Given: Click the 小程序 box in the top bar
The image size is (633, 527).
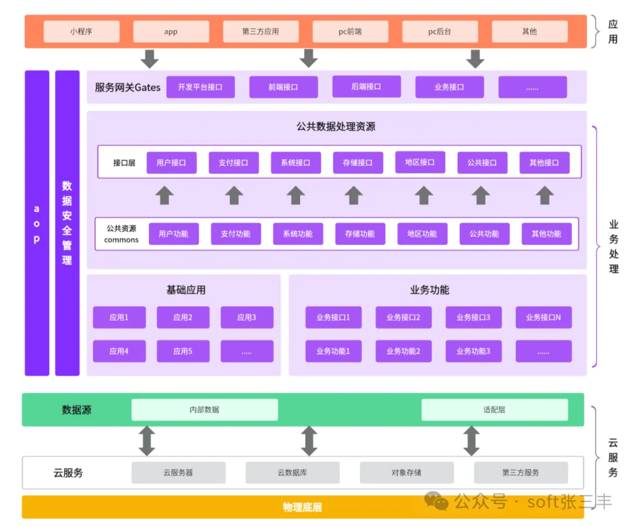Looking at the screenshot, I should click(x=81, y=32).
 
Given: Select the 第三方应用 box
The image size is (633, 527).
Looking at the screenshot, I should click(x=261, y=32).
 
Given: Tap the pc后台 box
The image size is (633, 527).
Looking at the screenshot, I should click(x=440, y=32).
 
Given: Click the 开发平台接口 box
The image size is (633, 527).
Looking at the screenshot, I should click(x=200, y=87).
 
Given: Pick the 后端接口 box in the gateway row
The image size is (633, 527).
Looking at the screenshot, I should click(x=366, y=87).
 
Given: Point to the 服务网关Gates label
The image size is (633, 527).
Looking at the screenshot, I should click(x=127, y=87).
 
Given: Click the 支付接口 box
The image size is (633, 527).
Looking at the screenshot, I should click(x=233, y=163).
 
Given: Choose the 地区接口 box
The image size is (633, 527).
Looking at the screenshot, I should click(x=420, y=162).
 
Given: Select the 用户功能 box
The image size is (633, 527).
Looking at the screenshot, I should click(x=173, y=234).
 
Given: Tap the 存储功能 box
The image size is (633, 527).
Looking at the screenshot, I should click(x=360, y=234).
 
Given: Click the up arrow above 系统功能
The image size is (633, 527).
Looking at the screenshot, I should click(x=296, y=195).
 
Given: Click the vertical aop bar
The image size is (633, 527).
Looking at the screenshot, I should click(x=37, y=223).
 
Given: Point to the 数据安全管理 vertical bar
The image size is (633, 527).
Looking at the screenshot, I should click(x=67, y=223).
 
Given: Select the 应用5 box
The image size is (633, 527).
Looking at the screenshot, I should click(x=183, y=351).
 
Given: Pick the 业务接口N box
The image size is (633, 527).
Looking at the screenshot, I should click(x=543, y=317).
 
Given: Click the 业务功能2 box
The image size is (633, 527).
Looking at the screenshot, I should click(x=403, y=351).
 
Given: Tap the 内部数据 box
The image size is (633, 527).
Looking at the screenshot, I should click(x=204, y=410).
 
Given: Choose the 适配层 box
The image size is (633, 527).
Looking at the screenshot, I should click(x=494, y=410).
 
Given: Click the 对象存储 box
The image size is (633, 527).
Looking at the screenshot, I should click(x=406, y=473).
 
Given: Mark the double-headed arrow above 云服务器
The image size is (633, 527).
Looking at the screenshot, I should click(x=147, y=441).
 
